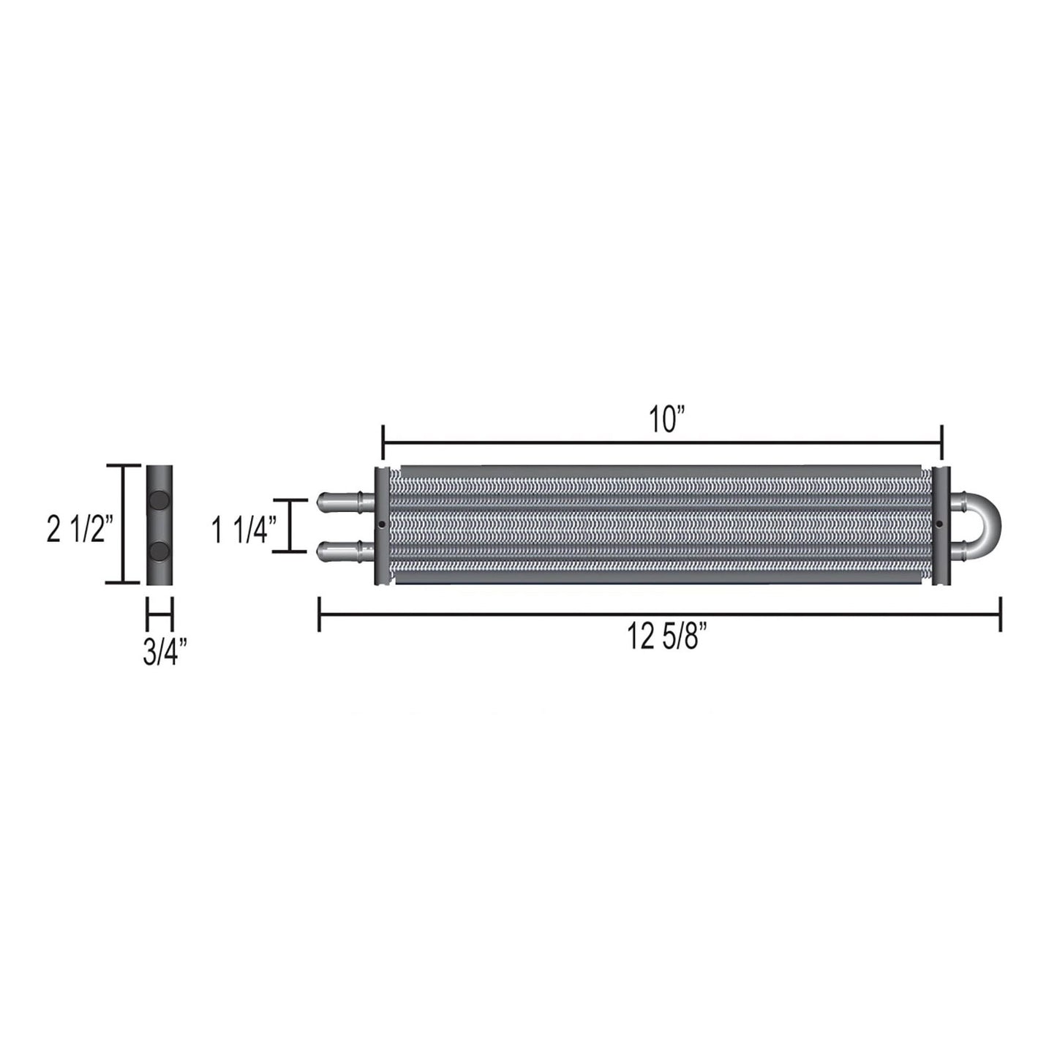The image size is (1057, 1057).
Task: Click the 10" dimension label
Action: (668, 421)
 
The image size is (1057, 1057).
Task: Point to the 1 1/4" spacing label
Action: (241, 531)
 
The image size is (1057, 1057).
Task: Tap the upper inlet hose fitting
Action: (345, 500)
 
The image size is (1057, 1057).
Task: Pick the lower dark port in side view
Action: (159, 549)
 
